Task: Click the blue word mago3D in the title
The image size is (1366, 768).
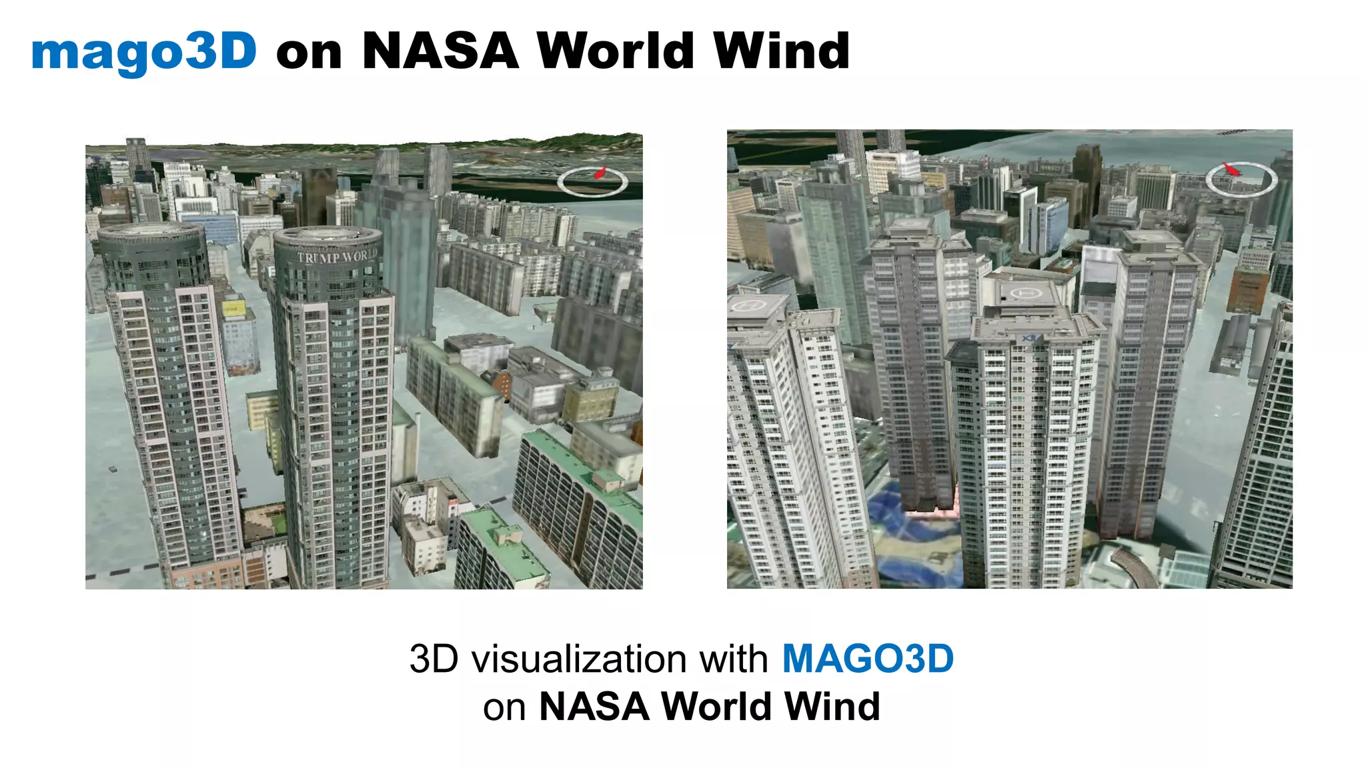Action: tap(144, 52)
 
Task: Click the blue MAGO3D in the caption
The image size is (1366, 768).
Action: tap(867, 659)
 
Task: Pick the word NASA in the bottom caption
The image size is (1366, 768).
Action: tap(594, 707)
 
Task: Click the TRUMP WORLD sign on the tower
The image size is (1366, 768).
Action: tap(335, 257)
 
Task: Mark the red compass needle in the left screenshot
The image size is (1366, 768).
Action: tap(600, 173)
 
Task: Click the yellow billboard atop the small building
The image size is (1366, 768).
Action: tap(233, 309)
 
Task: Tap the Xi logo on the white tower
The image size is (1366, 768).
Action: tap(1029, 339)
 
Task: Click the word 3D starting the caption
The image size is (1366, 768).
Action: tap(434, 659)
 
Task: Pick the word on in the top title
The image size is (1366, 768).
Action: tap(308, 52)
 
